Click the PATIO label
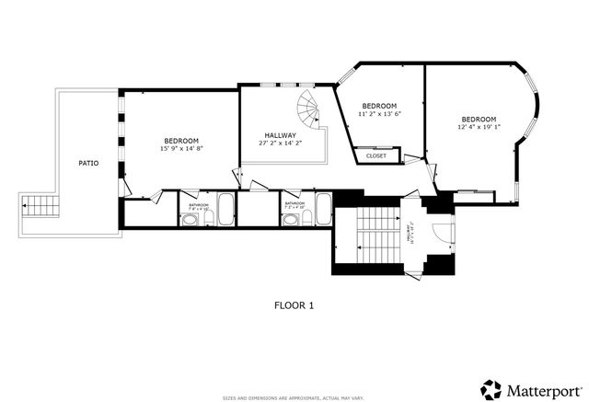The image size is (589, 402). click(88, 164)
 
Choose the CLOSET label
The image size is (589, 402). click(376, 156)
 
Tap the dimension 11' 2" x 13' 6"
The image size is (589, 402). click(378, 114)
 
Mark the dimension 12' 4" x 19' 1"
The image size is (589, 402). click(479, 128)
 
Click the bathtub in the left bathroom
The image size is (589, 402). click(225, 211)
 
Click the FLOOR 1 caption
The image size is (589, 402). click(294, 304)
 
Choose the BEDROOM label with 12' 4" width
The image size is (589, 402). click(479, 120)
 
